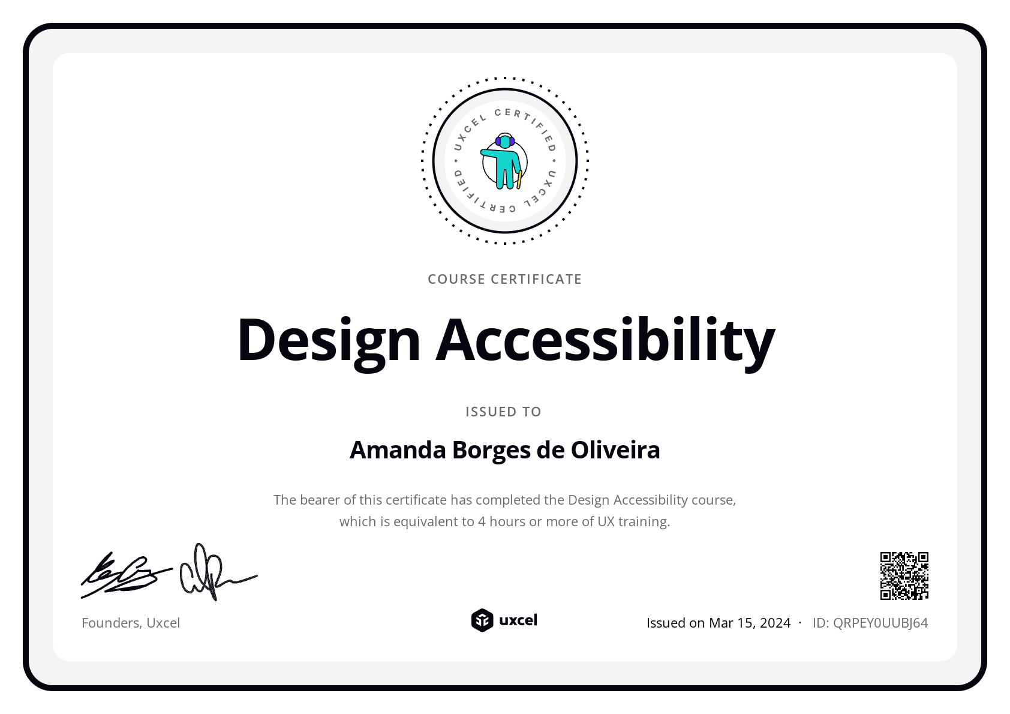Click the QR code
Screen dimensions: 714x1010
tap(904, 576)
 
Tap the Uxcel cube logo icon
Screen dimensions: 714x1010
tap(482, 620)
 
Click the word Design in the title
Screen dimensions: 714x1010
tap(329, 340)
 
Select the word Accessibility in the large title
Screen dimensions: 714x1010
tap(605, 340)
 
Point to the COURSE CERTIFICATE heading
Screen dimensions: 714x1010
tap(504, 279)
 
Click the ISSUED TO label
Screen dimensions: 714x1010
tap(503, 412)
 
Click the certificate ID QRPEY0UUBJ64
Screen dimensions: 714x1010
tap(880, 623)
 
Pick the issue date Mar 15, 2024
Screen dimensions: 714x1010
tap(750, 623)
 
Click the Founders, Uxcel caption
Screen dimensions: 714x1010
tap(131, 623)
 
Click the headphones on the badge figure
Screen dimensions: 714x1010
tap(505, 140)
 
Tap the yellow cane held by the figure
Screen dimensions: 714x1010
tap(519, 179)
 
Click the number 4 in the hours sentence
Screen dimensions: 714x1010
tap(482, 521)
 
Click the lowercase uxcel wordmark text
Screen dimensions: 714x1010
tap(518, 620)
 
